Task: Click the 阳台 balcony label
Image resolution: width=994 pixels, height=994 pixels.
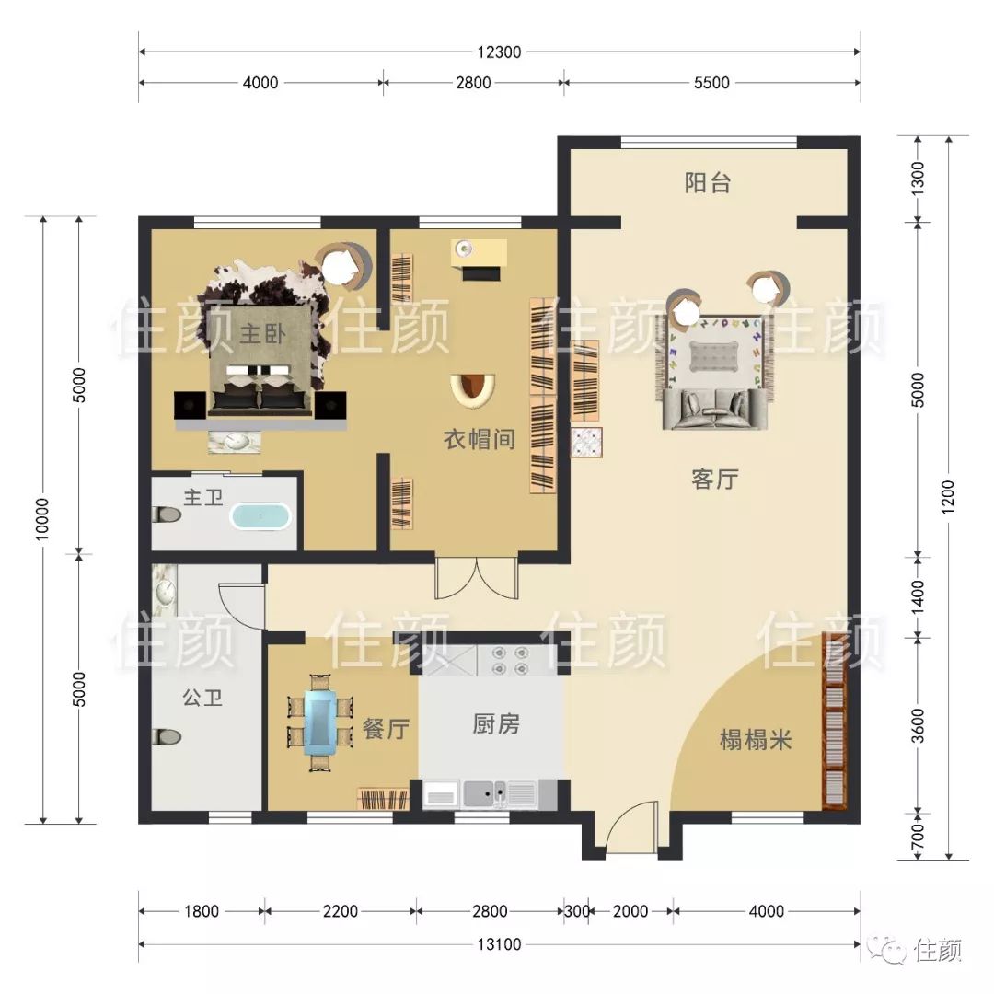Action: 708,182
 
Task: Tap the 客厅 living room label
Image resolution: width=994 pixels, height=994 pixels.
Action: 715,480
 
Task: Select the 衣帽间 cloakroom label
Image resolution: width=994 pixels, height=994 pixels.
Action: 480,439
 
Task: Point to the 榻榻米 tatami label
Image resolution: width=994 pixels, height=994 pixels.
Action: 756,740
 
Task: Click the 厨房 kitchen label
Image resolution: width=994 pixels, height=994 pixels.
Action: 496,723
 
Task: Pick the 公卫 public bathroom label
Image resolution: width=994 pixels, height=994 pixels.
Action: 202,698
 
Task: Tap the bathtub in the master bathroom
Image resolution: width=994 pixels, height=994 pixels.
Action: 260,516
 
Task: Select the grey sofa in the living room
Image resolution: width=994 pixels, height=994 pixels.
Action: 716,409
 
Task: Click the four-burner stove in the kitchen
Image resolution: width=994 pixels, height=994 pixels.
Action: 510,660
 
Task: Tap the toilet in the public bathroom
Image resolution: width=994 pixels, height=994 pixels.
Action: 167,736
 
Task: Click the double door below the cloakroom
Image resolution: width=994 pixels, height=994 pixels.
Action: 477,577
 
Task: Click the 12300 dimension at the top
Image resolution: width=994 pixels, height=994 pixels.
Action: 499,52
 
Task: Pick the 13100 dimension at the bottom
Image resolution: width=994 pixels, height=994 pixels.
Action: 499,944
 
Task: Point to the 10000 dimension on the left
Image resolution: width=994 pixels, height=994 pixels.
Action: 41,520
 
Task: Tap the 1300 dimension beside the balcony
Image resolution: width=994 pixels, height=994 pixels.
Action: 918,179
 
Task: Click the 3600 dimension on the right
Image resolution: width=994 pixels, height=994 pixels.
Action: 918,726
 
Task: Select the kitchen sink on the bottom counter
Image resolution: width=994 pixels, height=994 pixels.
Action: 485,792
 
